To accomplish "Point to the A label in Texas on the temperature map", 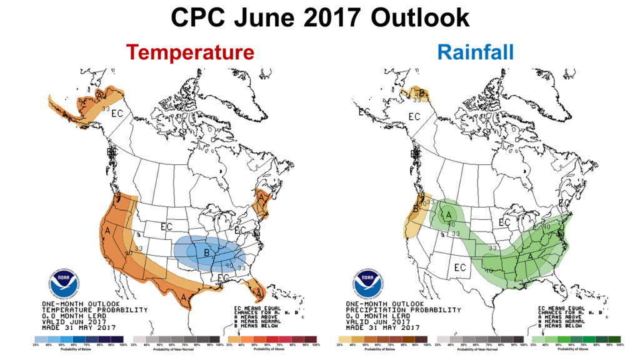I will pos(184,297).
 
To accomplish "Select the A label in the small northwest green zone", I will pos(449,216).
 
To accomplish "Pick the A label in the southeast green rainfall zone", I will pos(531,256).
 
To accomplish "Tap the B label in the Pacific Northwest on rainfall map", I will pos(416,210).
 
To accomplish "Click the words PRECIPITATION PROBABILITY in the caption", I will pos(404,310).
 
